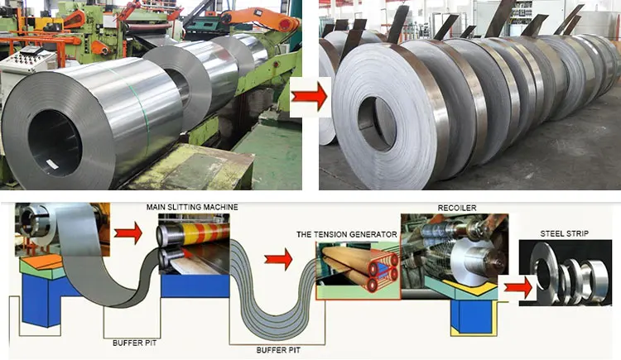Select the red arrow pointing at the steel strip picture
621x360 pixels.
click(517, 286)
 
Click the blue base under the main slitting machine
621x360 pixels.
click(195, 285)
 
